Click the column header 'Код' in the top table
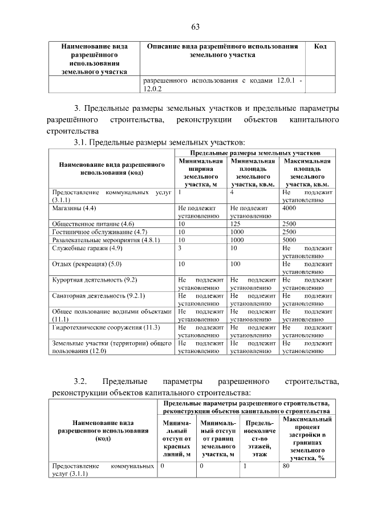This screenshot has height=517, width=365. tap(321, 46)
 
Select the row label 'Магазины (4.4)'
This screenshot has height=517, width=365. tap(74, 209)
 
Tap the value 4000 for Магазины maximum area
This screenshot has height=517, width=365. tap(290, 209)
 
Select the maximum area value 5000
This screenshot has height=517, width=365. tap(290, 240)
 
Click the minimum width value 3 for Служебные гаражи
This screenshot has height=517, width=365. tap(180, 248)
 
